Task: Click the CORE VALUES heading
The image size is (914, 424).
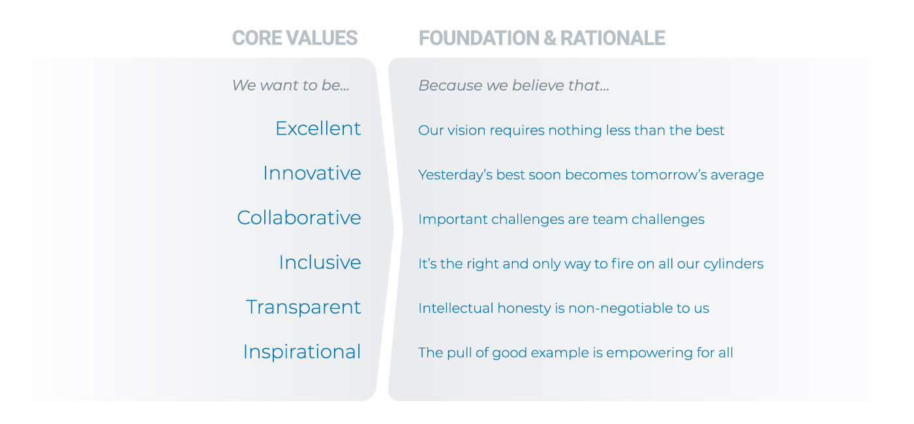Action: pyautogui.click(x=295, y=38)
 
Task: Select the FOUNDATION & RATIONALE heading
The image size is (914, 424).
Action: pyautogui.click(x=542, y=38)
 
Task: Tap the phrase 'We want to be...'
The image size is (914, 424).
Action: pyautogui.click(x=290, y=85)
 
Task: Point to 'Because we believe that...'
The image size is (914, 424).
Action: pyautogui.click(x=513, y=85)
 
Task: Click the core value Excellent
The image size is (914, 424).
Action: pyautogui.click(x=318, y=129)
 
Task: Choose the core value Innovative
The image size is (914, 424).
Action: pyautogui.click(x=312, y=173)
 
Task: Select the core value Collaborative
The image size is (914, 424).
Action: pyautogui.click(x=299, y=217)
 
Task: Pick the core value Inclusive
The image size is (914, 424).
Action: pyautogui.click(x=320, y=262)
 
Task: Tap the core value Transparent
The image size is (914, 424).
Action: pyautogui.click(x=303, y=307)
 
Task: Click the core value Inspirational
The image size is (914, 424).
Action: pyautogui.click(x=302, y=352)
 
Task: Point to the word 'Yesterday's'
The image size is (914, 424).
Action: pyautogui.click(x=455, y=175)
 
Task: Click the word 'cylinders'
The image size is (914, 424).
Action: pyautogui.click(x=733, y=264)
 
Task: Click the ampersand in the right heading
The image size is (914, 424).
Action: pyautogui.click(x=549, y=38)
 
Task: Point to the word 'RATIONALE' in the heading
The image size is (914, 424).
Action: pyautogui.click(x=613, y=38)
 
